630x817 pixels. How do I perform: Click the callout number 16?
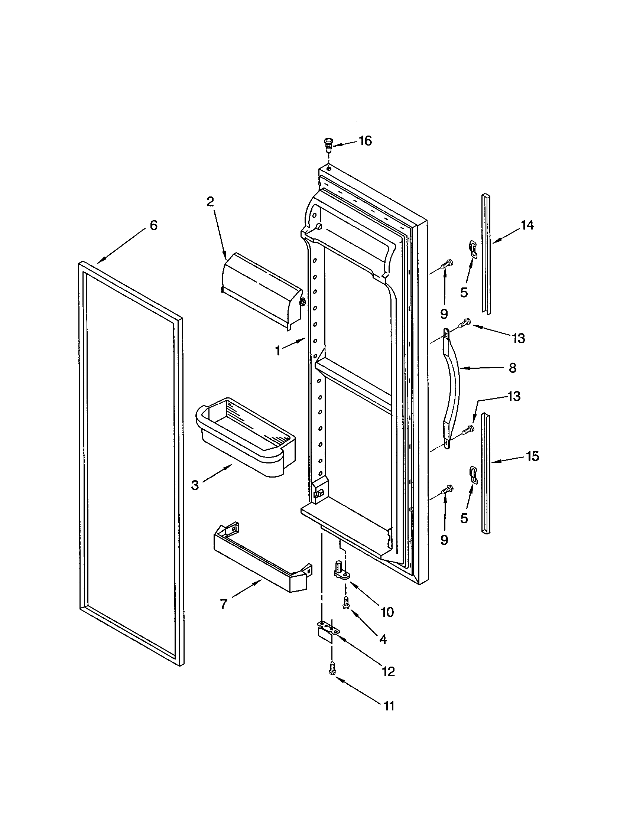click(x=365, y=141)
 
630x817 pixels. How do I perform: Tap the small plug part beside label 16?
click(x=328, y=144)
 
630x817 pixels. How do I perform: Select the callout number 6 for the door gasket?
click(x=153, y=225)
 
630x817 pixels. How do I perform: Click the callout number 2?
click(x=210, y=202)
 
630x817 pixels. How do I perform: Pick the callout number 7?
click(x=223, y=604)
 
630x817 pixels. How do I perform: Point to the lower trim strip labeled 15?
click(x=486, y=473)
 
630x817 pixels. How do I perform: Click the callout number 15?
click(x=532, y=456)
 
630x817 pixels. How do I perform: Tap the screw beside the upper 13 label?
click(x=465, y=322)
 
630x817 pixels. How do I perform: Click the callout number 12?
click(x=388, y=671)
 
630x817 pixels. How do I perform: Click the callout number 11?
click(x=389, y=706)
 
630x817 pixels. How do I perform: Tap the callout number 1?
click(x=277, y=351)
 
